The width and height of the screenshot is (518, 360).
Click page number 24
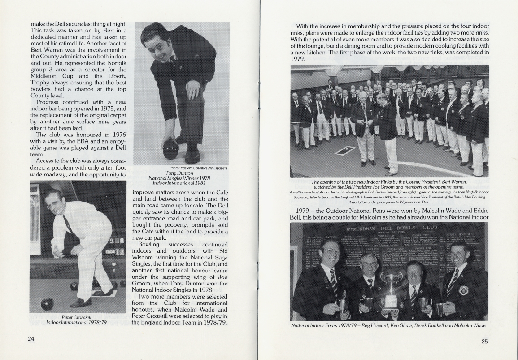31,339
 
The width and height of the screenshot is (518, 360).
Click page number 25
484,341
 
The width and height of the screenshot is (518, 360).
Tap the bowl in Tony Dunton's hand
171,149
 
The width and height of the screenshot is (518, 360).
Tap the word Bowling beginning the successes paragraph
148,244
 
